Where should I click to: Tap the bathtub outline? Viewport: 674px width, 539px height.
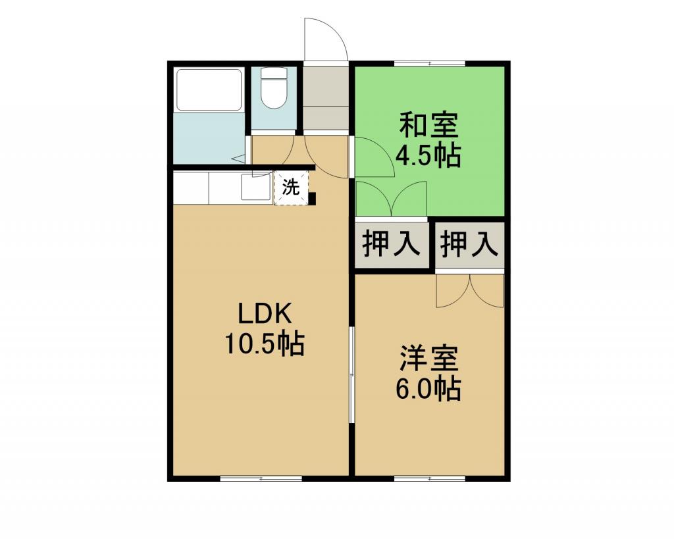[x=209, y=90]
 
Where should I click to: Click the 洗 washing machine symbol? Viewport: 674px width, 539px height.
[x=291, y=188]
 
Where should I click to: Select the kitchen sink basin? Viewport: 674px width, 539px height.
[x=256, y=187]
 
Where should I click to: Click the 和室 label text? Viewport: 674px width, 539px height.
[x=428, y=124]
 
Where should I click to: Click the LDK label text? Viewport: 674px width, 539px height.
[x=265, y=314]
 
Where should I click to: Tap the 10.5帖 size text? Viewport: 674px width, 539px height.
[x=265, y=343]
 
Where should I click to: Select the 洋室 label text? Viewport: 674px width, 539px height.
[x=428, y=358]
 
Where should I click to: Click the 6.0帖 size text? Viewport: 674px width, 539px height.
[x=428, y=388]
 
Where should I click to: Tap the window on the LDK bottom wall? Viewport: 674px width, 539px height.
[x=261, y=478]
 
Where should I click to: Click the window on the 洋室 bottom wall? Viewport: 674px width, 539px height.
[x=430, y=478]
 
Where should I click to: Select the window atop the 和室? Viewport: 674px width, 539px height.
[x=430, y=64]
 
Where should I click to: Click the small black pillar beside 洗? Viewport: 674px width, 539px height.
[x=313, y=199]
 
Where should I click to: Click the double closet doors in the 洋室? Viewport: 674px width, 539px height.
[x=469, y=291]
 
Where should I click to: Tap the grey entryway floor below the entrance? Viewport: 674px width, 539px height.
[x=325, y=98]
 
